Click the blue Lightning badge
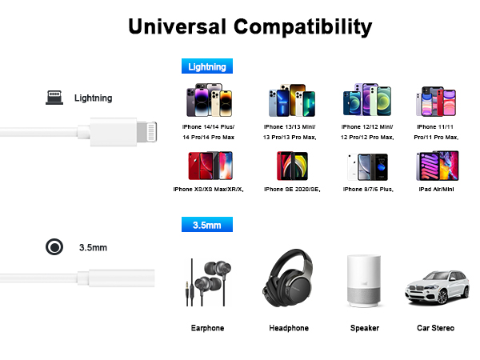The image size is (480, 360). (x=207, y=67)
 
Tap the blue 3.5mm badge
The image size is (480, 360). (x=207, y=225)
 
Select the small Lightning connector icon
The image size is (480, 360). (x=54, y=98)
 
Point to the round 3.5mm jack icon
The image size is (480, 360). (x=54, y=247)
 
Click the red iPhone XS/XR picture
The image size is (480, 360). (x=207, y=166)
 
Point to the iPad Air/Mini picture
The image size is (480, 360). (x=436, y=166)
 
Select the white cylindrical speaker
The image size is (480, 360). (x=364, y=281)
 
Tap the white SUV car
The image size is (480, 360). (x=436, y=285)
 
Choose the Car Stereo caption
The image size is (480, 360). (x=436, y=328)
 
